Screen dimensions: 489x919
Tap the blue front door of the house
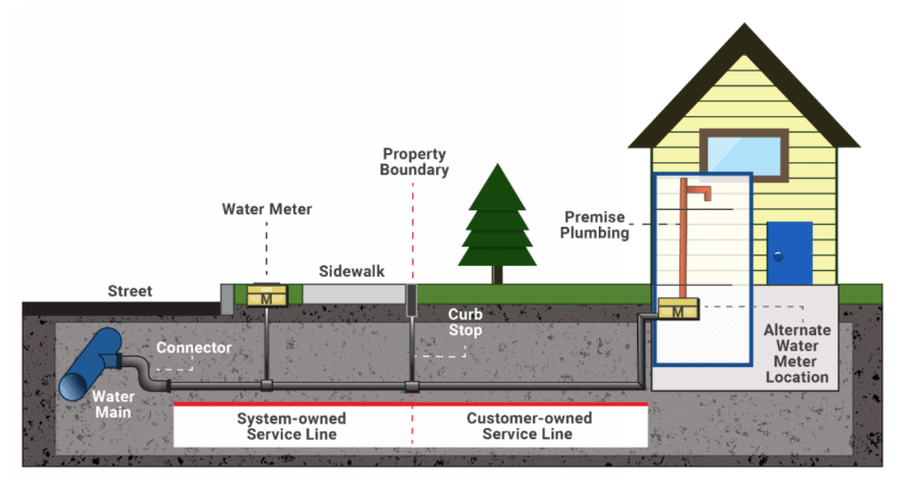[x=789, y=252]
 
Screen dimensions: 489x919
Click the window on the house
[x=745, y=153]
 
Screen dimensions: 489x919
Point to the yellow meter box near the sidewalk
[x=265, y=296]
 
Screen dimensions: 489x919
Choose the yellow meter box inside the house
[x=677, y=310]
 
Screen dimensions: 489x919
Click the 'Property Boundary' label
[x=415, y=162]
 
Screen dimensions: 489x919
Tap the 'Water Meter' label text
[x=266, y=208]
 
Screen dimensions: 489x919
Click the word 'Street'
[x=130, y=292]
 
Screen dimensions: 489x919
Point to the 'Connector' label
[x=194, y=348]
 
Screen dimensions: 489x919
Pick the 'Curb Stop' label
[x=465, y=322]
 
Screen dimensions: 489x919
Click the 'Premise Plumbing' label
[x=596, y=225]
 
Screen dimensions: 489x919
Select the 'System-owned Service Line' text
[x=292, y=426]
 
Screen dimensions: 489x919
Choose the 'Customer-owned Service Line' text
[x=528, y=426]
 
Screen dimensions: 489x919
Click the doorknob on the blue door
[x=778, y=255]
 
